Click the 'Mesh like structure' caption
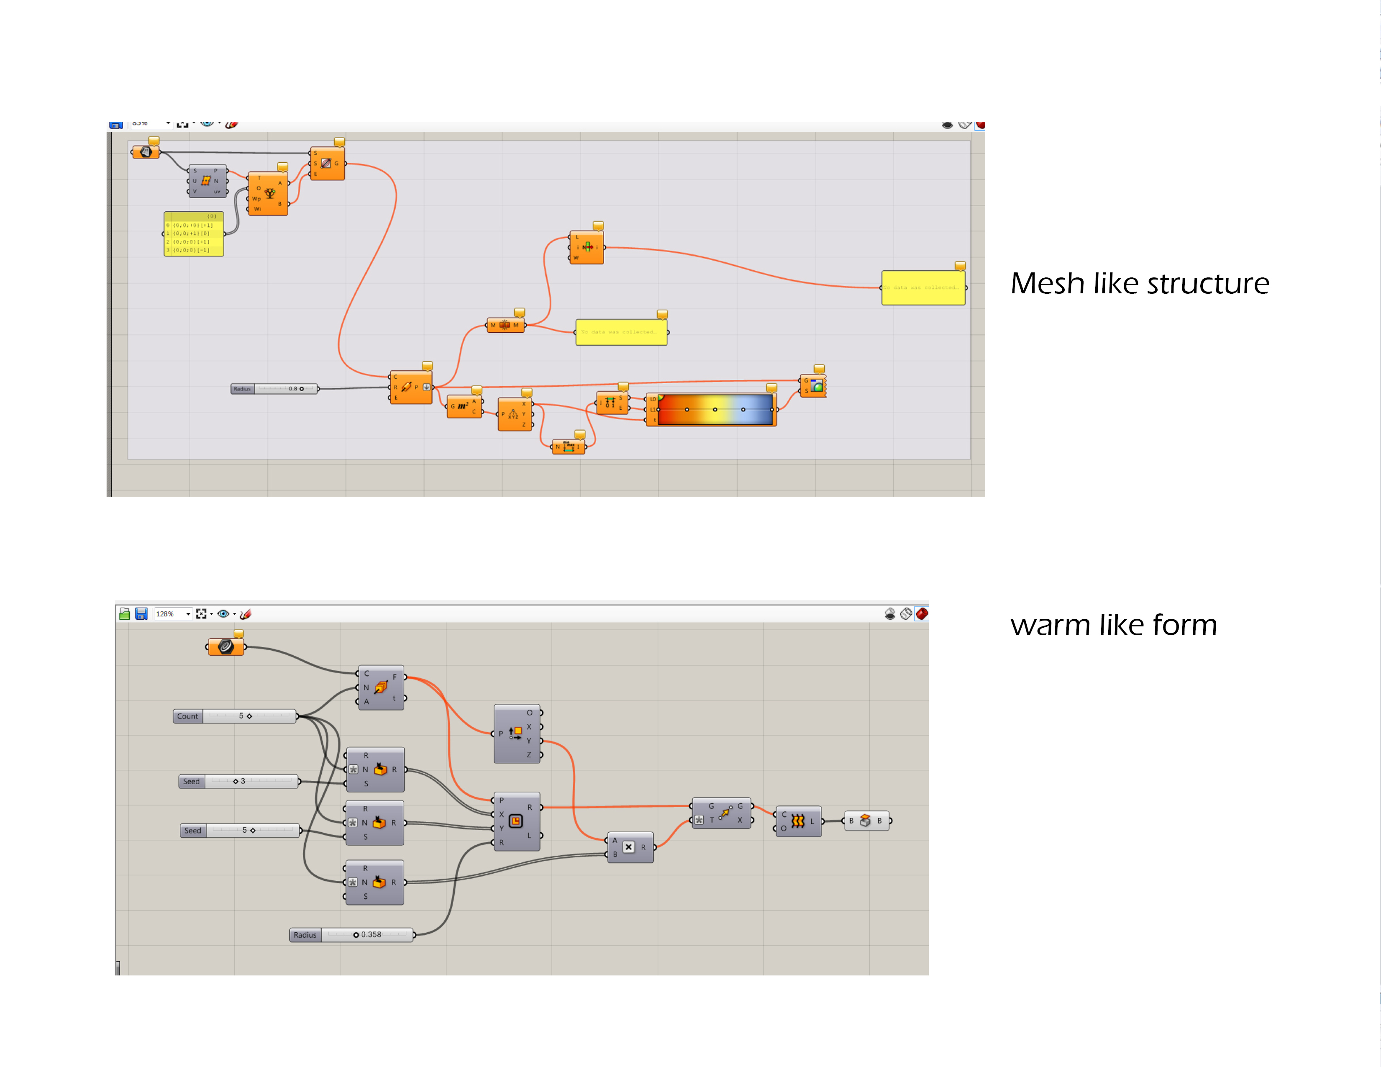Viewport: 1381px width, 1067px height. coord(1140,283)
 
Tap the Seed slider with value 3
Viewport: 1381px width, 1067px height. coord(238,781)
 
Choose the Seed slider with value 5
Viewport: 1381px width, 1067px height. coord(240,831)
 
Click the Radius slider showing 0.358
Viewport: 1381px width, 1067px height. coord(351,935)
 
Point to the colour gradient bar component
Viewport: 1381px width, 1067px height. coord(715,410)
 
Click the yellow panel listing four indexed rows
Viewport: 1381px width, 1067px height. coord(194,234)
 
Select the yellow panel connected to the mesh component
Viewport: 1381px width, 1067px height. coord(621,332)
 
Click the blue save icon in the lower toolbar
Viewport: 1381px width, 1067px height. coord(141,613)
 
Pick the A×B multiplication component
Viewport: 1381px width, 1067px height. coord(629,847)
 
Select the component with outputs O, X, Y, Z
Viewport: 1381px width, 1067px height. coord(517,734)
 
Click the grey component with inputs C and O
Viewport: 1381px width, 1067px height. coord(798,821)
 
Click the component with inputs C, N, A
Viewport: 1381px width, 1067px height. coord(381,687)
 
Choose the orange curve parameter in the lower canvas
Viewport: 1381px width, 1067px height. coord(226,646)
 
